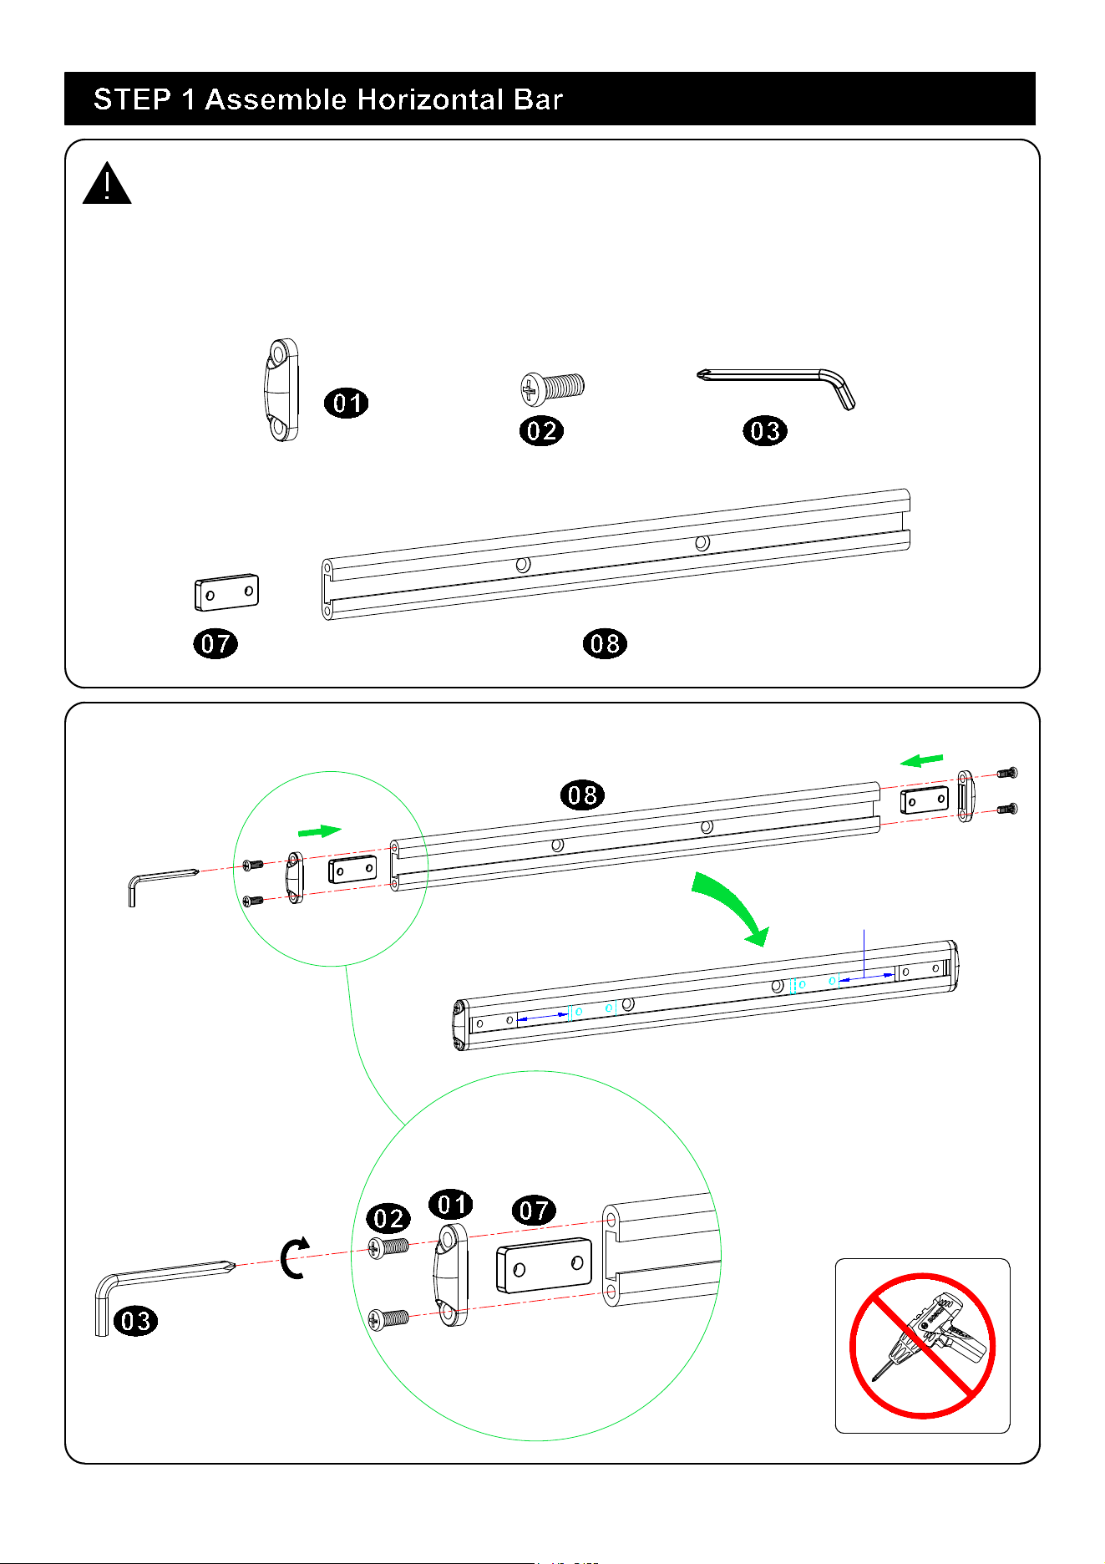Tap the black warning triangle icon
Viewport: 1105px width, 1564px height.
pyautogui.click(x=107, y=184)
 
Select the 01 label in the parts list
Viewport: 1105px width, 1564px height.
pyautogui.click(x=347, y=404)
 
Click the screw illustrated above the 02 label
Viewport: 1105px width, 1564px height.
pyautogui.click(x=552, y=387)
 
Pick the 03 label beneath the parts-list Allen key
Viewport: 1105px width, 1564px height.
pyautogui.click(x=765, y=431)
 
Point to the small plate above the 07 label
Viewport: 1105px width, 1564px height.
pyautogui.click(x=226, y=592)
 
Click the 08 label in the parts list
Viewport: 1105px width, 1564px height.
pyautogui.click(x=605, y=643)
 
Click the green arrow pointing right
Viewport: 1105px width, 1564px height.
pyautogui.click(x=320, y=831)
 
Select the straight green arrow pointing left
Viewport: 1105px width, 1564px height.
pyautogui.click(x=921, y=760)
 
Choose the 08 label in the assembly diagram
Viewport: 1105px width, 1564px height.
pyautogui.click(x=583, y=795)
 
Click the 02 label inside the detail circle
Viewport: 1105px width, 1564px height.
pyautogui.click(x=388, y=1219)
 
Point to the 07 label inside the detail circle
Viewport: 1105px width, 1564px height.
pyautogui.click(x=534, y=1210)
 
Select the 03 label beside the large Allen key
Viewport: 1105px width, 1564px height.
pyautogui.click(x=135, y=1321)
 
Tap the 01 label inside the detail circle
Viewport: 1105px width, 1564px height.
pyautogui.click(x=451, y=1205)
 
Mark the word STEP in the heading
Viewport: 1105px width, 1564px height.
pyautogui.click(x=132, y=99)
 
